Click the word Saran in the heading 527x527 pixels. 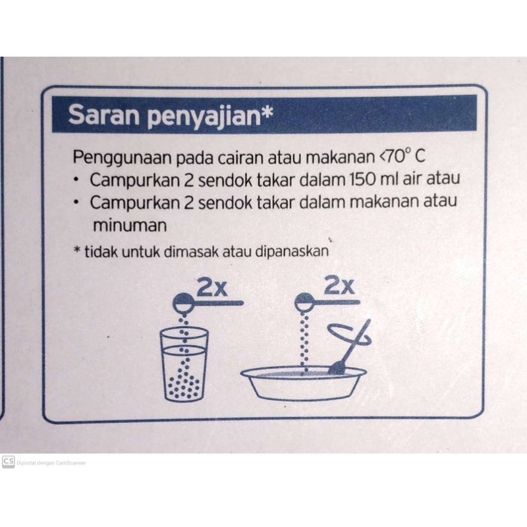[x=103, y=115]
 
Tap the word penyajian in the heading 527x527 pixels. [x=204, y=117]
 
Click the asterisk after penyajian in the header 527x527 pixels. [x=267, y=111]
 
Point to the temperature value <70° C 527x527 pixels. [x=402, y=156]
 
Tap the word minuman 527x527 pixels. [x=130, y=225]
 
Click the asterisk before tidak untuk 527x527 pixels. [x=77, y=250]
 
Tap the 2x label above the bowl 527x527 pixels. [x=339, y=286]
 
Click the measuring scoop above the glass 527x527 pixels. [x=208, y=302]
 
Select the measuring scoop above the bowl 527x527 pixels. [x=327, y=302]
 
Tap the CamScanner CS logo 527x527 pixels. [x=8, y=462]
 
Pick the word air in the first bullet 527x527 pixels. [x=414, y=179]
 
